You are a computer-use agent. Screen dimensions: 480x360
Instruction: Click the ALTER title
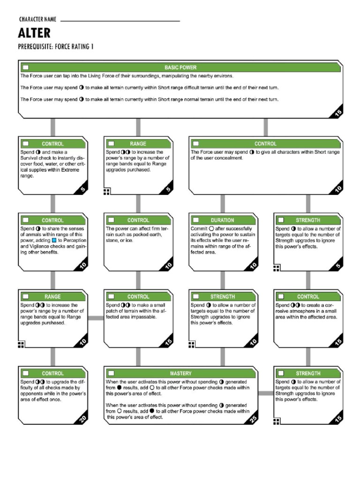pyautogui.click(x=34, y=33)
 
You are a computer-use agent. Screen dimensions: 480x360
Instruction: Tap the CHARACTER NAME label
pyautogui.click(x=37, y=19)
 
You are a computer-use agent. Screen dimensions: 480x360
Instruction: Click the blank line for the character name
pyautogui.click(x=120, y=21)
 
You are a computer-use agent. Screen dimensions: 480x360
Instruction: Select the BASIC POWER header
pyautogui.click(x=180, y=67)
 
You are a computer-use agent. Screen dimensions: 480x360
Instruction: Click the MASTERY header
pyautogui.click(x=180, y=374)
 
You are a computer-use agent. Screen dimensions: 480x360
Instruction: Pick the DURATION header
pyautogui.click(x=222, y=220)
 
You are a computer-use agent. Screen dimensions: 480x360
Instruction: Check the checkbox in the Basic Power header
pyautogui.click(x=26, y=67)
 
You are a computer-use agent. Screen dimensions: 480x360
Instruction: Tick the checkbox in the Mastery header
pyautogui.click(x=111, y=374)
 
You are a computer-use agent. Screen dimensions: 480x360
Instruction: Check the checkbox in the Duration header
pyautogui.click(x=196, y=220)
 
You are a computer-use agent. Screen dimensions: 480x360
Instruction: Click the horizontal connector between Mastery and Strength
pyautogui.click(x=266, y=393)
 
